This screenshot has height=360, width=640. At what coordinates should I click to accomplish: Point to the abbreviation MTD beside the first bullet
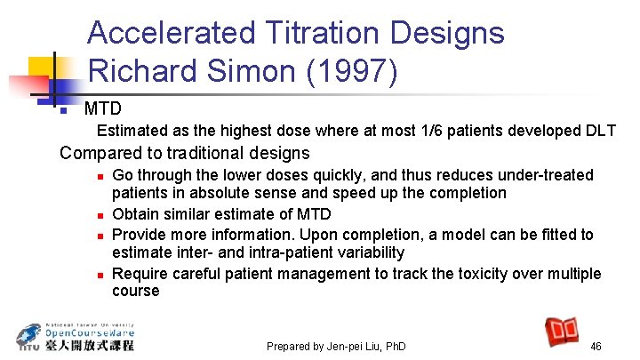pos(102,109)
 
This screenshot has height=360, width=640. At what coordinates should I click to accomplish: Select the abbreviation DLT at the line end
pos(600,132)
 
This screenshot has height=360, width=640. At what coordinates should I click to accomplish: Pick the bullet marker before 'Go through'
pos(103,176)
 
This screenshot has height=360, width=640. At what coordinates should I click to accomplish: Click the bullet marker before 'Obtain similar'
pos(103,215)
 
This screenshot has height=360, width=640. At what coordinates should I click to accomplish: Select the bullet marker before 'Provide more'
pos(103,235)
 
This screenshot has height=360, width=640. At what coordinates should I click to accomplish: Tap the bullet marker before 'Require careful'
pos(103,274)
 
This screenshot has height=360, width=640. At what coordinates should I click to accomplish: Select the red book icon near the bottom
pos(563,332)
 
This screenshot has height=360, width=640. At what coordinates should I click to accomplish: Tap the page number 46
pos(596,346)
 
